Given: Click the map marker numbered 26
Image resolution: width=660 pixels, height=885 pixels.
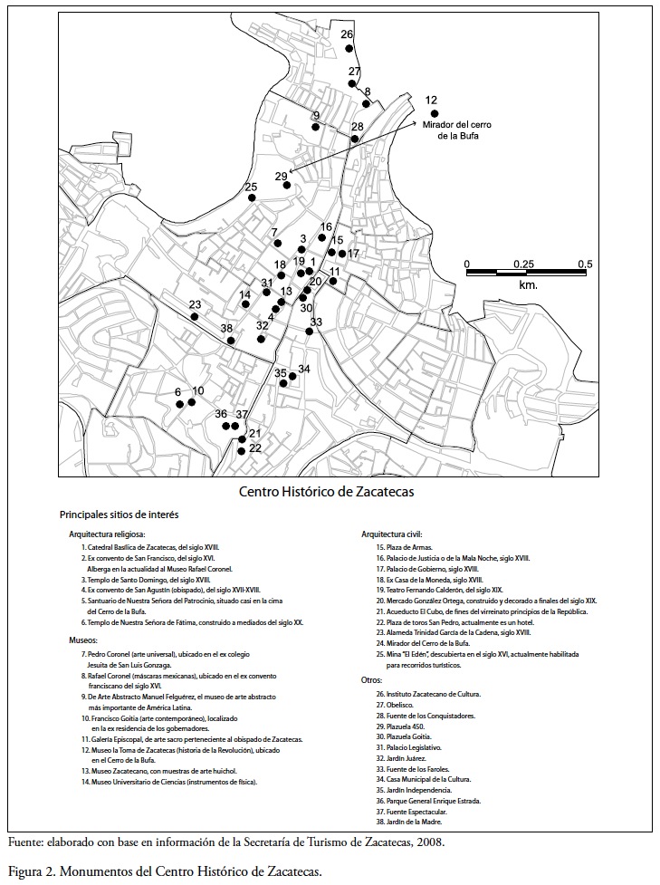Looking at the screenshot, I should click(349, 49).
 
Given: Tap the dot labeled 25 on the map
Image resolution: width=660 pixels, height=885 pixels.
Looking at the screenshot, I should click(253, 197).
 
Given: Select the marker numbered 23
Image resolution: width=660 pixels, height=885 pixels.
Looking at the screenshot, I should click(195, 316).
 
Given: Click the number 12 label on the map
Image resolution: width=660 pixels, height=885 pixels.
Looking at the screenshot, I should click(431, 101).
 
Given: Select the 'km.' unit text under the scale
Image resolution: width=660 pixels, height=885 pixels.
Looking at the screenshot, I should click(528, 285).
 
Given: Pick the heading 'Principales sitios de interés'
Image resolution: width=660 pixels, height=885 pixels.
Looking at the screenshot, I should click(119, 515).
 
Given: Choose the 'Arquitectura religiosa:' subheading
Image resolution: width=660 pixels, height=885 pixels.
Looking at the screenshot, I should click(107, 534).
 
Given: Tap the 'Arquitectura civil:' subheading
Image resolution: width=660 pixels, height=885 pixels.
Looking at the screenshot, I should click(392, 534).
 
